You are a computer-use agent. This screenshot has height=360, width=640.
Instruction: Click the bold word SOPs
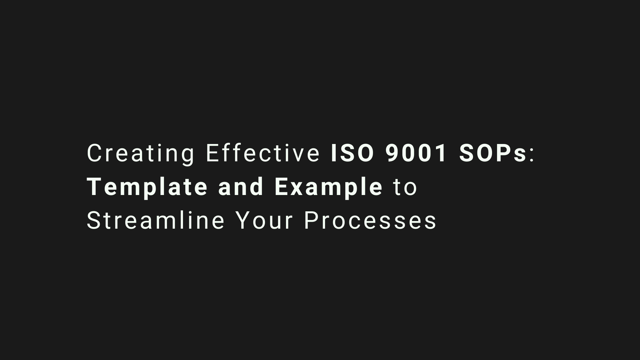click(493, 153)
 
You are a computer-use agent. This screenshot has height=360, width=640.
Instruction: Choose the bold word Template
click(147, 188)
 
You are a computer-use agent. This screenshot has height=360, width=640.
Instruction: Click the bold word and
click(241, 186)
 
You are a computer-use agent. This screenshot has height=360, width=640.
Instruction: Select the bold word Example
click(328, 188)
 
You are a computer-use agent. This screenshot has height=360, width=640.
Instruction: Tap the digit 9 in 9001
click(392, 153)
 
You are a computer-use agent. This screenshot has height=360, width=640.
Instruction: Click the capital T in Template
click(94, 187)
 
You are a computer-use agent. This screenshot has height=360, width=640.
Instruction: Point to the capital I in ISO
click(333, 153)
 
